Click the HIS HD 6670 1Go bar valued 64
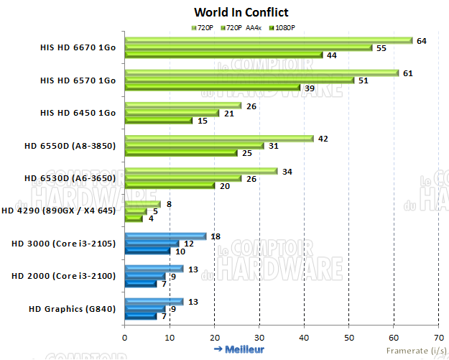point(269,40)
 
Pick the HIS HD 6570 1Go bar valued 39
point(213,88)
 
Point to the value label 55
point(381,48)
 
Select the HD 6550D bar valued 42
point(219,139)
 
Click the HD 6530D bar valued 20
point(170,186)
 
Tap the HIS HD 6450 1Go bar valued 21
point(172,113)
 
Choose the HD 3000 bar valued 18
point(165,236)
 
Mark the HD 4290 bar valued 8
point(142,204)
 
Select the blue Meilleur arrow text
point(239,349)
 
